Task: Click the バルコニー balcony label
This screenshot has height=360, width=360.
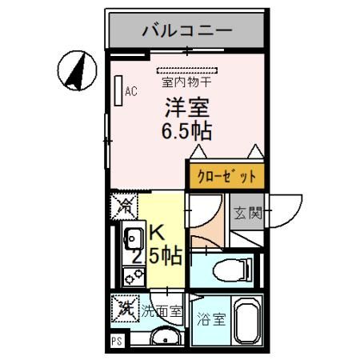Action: tap(186, 31)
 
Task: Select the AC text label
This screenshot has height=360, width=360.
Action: tap(130, 91)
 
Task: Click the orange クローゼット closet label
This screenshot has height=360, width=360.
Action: tap(225, 175)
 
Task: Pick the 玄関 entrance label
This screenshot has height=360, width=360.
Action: tap(247, 214)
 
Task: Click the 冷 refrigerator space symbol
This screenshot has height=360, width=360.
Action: tap(124, 206)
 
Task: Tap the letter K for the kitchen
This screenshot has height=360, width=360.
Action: tap(157, 233)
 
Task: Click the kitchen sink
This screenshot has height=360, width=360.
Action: tap(132, 238)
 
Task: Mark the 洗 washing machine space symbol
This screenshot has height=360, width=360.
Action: tap(124, 306)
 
